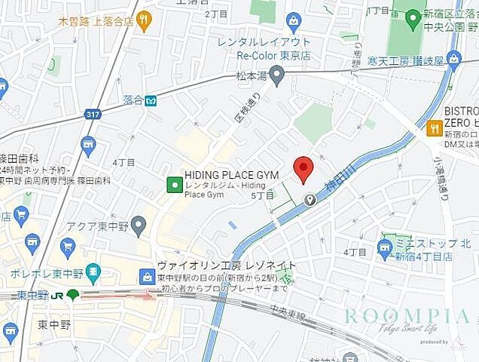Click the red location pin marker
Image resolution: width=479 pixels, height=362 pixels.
(303, 168)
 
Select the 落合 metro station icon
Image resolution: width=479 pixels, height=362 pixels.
(151, 100)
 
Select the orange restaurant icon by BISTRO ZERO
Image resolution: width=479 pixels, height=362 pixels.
(433, 128)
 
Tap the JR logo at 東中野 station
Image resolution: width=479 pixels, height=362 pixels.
(72, 295)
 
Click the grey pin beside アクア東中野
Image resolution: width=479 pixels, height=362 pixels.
(138, 224)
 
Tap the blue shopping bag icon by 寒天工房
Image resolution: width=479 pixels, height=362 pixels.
(454, 57)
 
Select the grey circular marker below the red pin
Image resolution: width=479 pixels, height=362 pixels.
(310, 199)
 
